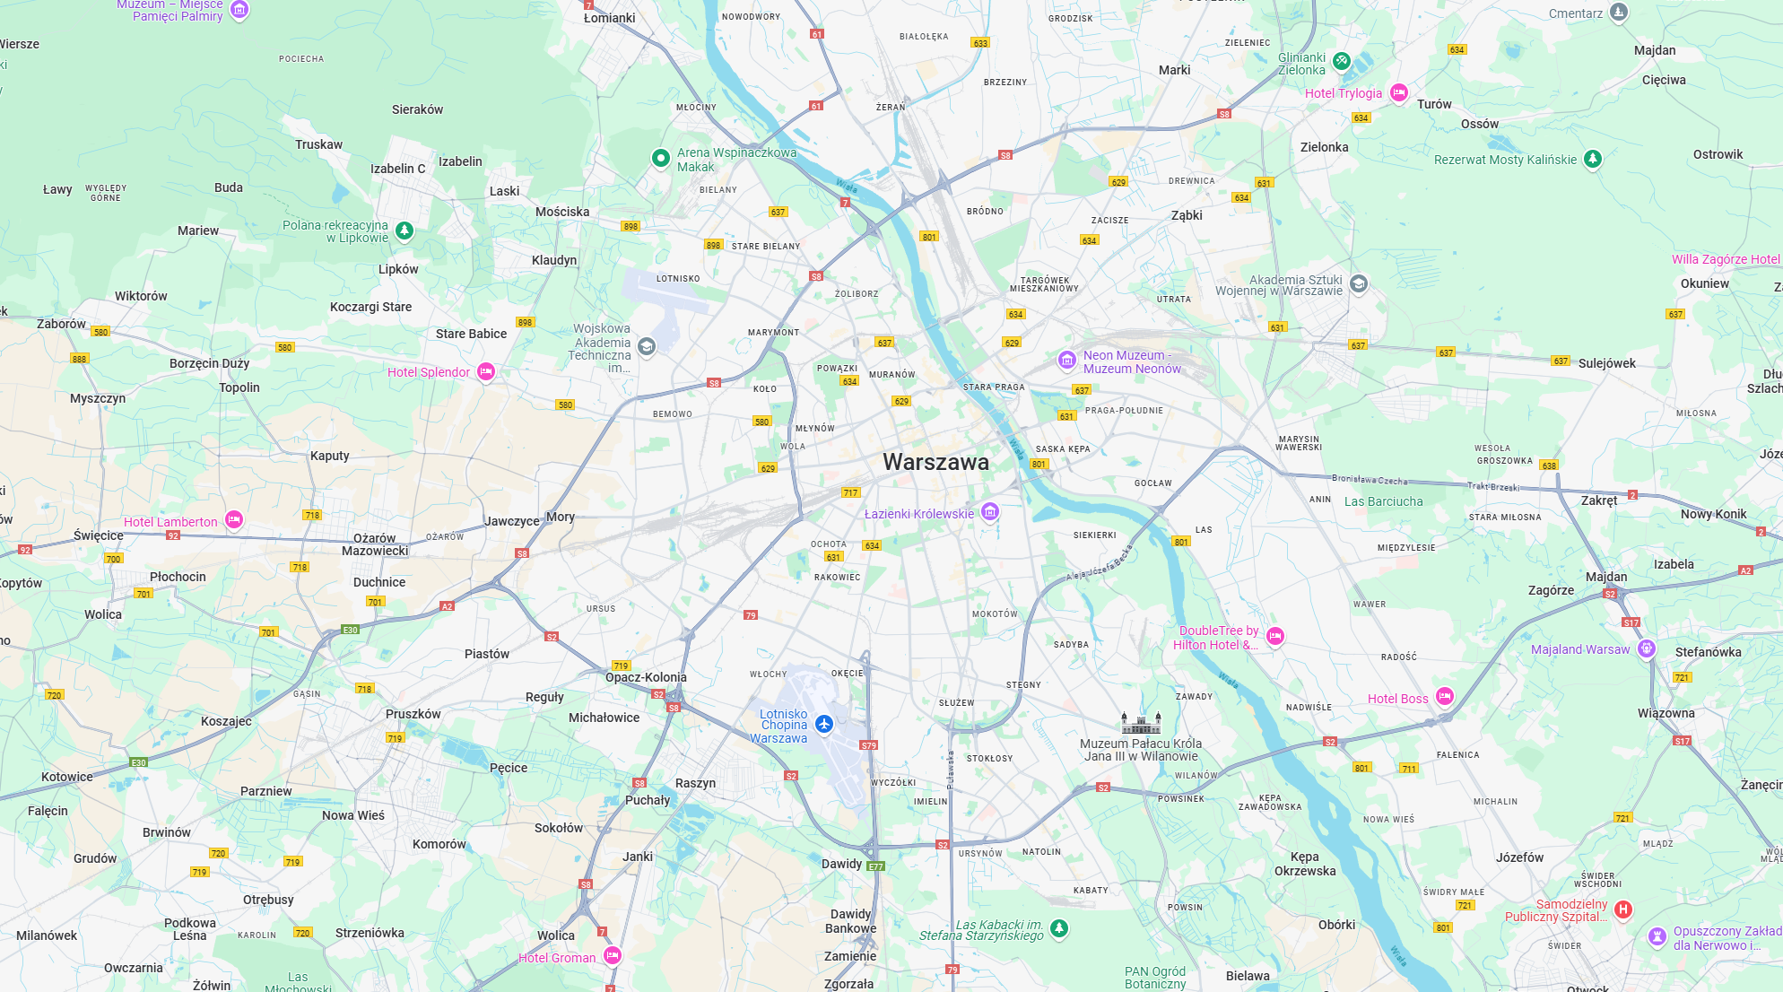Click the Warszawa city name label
[935, 462]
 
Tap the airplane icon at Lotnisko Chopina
[824, 724]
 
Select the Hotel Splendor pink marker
[486, 371]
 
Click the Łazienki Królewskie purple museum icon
[990, 512]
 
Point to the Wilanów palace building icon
[1141, 723]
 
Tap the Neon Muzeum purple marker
[1066, 361]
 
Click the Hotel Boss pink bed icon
[1444, 697]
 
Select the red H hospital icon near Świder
[1622, 909]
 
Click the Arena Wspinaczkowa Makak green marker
[661, 159]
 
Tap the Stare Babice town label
[471, 334]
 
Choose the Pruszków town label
[413, 714]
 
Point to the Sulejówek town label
[1607, 363]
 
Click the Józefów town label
[1519, 857]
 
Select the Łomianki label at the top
[610, 18]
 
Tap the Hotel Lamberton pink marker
[234, 519]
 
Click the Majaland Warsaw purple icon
[1646, 648]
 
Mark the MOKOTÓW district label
[995, 614]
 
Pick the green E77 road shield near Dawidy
[876, 866]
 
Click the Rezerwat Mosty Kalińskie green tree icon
[1592, 159]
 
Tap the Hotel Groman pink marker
[613, 956]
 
